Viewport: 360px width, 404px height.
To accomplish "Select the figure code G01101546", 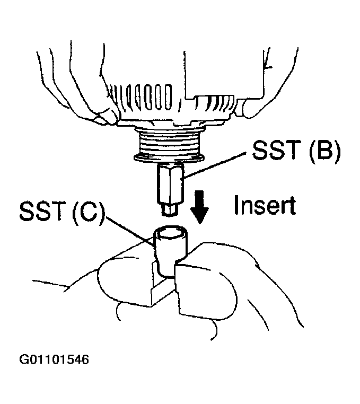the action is point(54,360).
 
